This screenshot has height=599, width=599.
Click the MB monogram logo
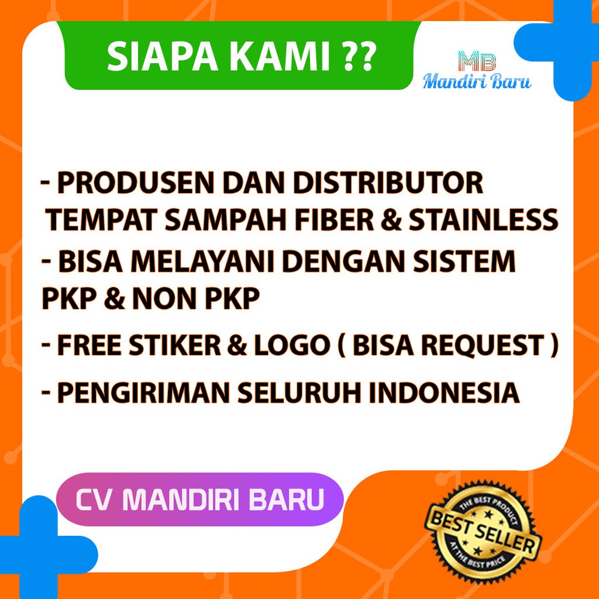pos(477,61)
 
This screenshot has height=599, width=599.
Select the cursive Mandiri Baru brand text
pos(477,81)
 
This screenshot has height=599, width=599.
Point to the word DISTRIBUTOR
pos(388,183)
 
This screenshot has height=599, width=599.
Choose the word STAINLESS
pos(483,220)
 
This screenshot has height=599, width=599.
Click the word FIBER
pos(334,220)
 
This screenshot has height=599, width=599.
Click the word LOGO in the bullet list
pos(291,345)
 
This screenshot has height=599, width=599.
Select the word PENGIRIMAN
pos(143,393)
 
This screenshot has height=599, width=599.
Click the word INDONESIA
pos(444,393)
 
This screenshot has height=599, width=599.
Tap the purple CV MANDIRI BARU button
pos(200,500)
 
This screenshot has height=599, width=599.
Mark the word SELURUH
pos(299,393)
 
